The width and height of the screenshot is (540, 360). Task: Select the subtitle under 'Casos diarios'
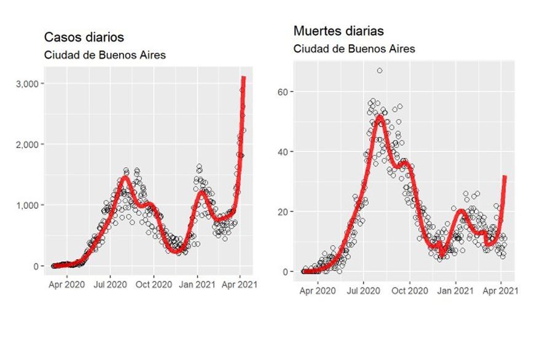click(x=105, y=54)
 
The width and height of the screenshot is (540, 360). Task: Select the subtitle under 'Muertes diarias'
click(x=354, y=49)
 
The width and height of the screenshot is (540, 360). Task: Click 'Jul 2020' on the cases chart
click(x=110, y=284)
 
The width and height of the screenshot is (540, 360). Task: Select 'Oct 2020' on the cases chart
click(x=154, y=284)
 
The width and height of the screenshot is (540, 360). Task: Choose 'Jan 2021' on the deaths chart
click(x=455, y=290)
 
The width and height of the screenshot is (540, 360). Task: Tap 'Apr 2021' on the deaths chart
click(x=501, y=290)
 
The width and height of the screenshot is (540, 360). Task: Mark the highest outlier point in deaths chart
click(x=380, y=71)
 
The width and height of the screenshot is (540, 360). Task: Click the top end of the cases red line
click(x=243, y=78)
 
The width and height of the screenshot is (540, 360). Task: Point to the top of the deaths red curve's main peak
click(x=380, y=116)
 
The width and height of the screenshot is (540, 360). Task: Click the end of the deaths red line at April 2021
click(x=504, y=177)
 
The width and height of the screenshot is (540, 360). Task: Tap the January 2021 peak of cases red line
click(x=200, y=192)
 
